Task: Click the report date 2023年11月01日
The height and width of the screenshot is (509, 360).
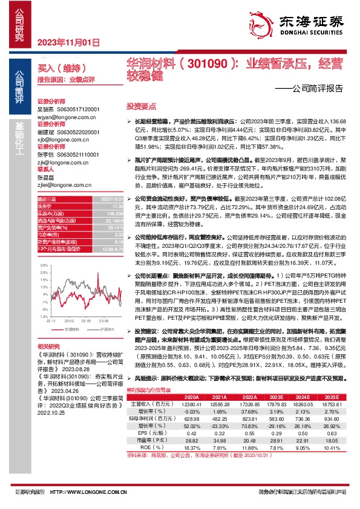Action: tap(67, 42)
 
